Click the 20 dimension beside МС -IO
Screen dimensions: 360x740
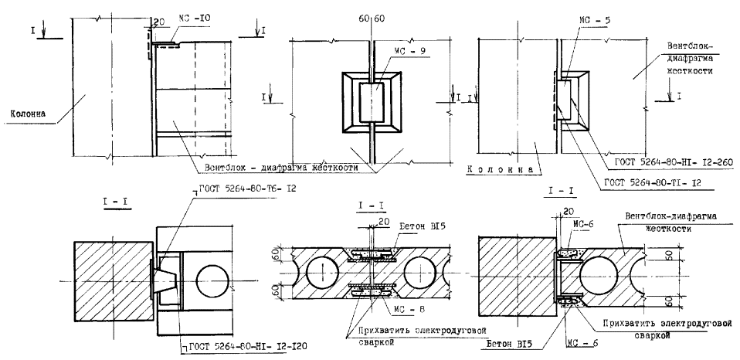click(x=161, y=21)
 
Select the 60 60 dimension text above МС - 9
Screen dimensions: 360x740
click(x=372, y=17)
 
